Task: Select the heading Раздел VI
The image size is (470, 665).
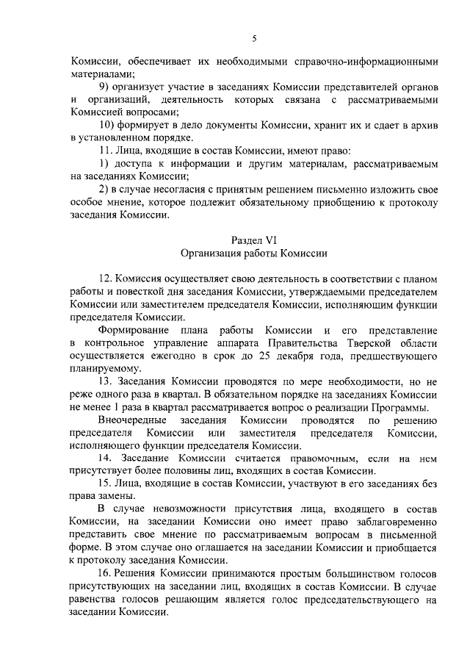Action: coord(253,240)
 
